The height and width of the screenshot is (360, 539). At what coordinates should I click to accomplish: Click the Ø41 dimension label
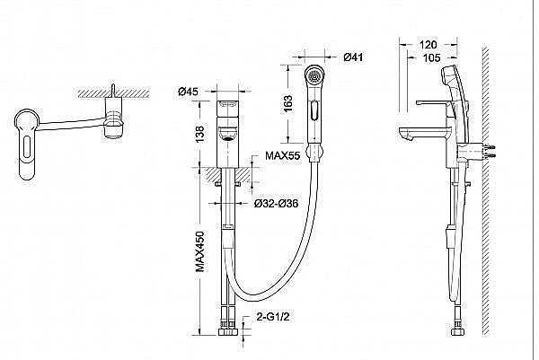[x=353, y=57]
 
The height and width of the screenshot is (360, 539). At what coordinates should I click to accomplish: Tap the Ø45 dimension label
[x=188, y=92]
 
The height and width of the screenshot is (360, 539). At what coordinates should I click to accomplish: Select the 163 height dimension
[x=288, y=103]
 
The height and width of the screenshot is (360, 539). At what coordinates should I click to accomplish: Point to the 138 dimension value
[x=199, y=135]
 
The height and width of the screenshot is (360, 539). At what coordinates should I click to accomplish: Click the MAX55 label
[x=283, y=155]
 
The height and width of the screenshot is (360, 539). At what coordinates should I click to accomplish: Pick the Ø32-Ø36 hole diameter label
[x=277, y=204]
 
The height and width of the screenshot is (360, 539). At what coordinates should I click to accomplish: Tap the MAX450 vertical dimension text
[x=200, y=251]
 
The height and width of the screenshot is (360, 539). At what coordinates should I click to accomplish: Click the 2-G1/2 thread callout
[x=273, y=316]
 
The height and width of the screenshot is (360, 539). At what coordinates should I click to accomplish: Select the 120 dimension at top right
[x=429, y=44]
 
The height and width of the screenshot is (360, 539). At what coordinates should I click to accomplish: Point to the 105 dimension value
[x=431, y=58]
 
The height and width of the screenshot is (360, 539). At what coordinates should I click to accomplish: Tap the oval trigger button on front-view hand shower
[x=314, y=110]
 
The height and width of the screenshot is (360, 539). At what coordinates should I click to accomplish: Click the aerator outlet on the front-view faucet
[x=227, y=138]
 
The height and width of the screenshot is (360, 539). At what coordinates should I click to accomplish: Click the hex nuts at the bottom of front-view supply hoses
[x=227, y=332]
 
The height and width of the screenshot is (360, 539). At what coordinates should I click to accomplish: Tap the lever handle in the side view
[x=432, y=102]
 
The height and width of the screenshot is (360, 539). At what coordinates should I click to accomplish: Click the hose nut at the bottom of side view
[x=456, y=332]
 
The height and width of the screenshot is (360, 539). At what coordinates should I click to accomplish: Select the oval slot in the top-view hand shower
[x=27, y=148]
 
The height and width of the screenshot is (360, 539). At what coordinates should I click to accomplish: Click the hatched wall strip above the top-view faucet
[x=114, y=93]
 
